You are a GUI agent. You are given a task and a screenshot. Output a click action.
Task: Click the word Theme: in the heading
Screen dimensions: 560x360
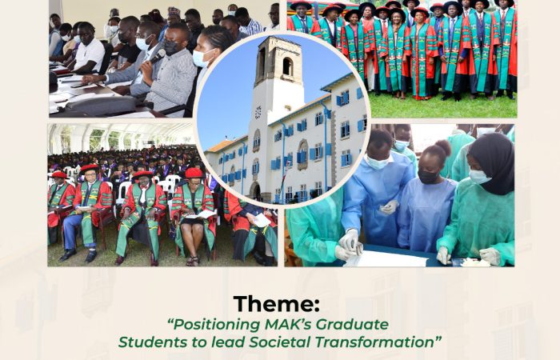click(x=277, y=304)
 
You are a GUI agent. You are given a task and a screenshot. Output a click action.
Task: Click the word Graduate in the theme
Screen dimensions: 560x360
click(x=352, y=324)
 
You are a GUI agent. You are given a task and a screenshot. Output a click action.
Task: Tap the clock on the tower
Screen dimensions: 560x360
click(x=258, y=113)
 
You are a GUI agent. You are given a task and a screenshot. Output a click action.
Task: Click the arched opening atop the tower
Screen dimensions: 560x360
click(x=287, y=66)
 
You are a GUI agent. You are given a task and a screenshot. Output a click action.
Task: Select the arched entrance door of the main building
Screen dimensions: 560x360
click(x=255, y=191)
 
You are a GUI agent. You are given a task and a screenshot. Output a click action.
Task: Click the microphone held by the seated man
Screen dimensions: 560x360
click(x=157, y=57)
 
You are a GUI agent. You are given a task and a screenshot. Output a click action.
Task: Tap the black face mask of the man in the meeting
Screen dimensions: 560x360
click(x=170, y=47)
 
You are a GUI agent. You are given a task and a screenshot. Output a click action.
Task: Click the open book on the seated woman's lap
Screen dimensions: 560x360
click(x=201, y=214)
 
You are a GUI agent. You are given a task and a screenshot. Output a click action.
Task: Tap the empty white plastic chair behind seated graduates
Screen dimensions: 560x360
click(x=123, y=192)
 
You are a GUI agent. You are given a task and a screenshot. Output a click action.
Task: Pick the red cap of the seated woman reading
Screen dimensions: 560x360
click(x=194, y=173)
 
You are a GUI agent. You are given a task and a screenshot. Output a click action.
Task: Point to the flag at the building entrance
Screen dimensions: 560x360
click(x=282, y=181)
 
